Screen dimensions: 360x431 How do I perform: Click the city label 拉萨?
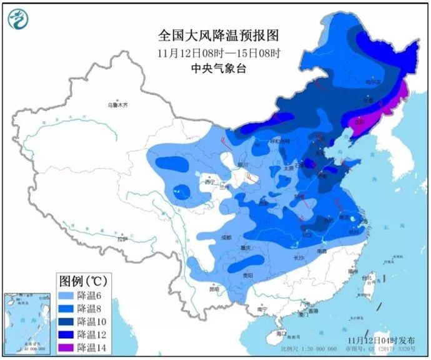[123, 238]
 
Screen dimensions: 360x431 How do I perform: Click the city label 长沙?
[299, 257]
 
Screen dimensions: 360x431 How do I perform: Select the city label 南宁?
[262, 309]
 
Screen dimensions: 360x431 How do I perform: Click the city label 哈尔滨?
[372, 82]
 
